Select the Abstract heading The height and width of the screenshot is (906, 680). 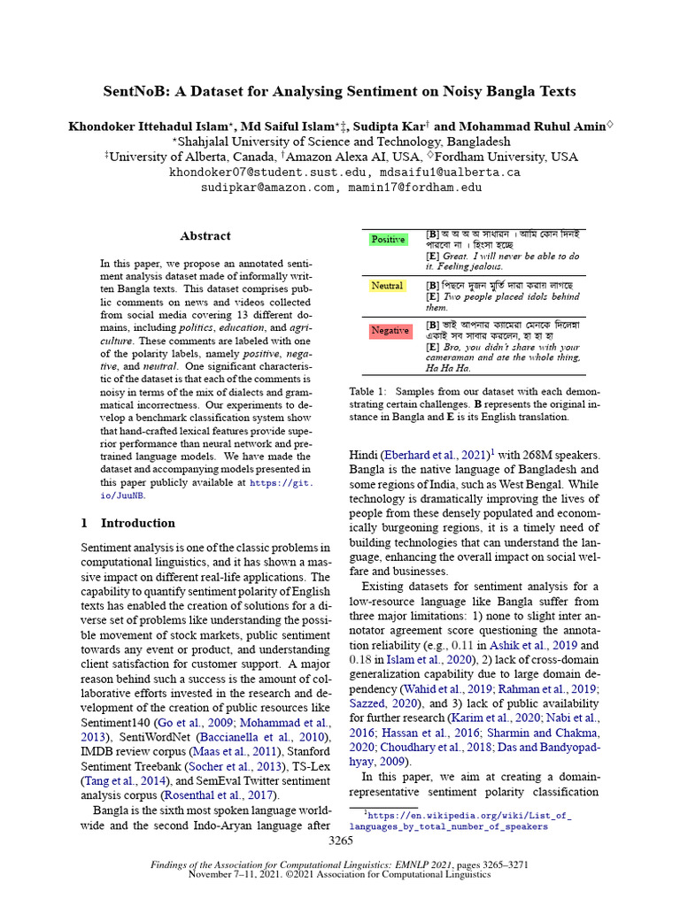click(205, 236)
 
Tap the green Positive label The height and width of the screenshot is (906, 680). click(389, 240)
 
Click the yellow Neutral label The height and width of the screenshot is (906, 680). click(388, 286)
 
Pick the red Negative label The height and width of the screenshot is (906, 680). click(390, 331)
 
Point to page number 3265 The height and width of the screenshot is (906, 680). click(340, 841)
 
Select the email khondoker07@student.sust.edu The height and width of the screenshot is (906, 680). click(267, 173)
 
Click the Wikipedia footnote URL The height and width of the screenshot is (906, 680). click(460, 818)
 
